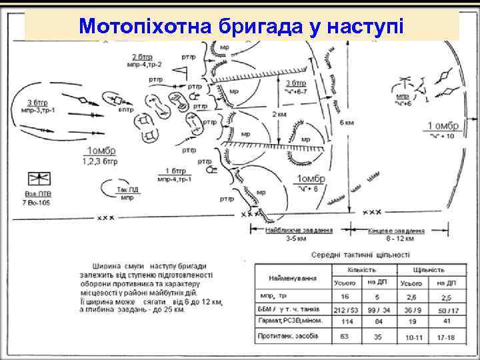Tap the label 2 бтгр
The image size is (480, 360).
[143, 56]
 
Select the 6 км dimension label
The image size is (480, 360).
[347, 123]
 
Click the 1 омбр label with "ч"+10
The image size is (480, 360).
[441, 126]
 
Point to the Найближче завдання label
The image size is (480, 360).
[289, 230]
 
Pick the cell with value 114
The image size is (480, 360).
[346, 321]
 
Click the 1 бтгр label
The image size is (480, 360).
[175, 171]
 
